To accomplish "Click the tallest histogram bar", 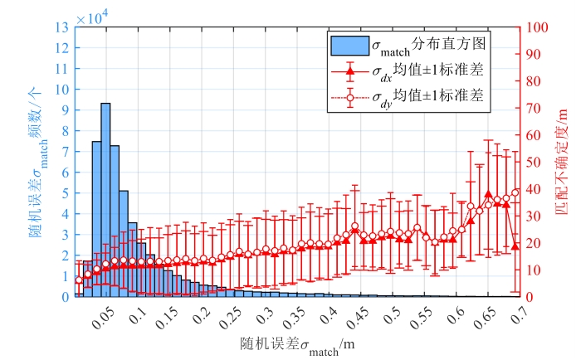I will click(x=105, y=199).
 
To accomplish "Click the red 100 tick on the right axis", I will click(x=535, y=27).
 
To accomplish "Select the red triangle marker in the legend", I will click(x=349, y=72).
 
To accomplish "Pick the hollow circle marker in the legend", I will click(x=349, y=98).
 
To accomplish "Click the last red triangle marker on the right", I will click(x=515, y=246).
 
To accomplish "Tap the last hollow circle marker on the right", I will click(x=515, y=192).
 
